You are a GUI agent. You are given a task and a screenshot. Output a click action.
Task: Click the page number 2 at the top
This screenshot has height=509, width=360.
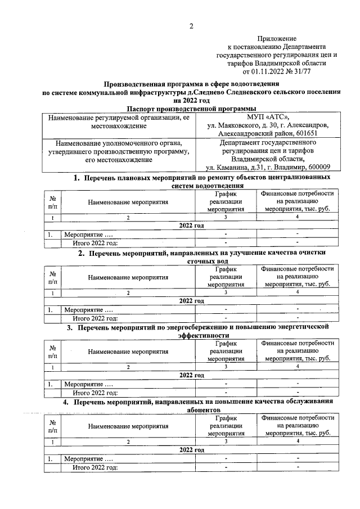click(191, 26)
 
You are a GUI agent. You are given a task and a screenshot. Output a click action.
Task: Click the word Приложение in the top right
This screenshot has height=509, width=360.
click(276, 38)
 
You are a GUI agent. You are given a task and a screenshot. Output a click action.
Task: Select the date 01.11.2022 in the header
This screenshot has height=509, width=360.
click(264, 71)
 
